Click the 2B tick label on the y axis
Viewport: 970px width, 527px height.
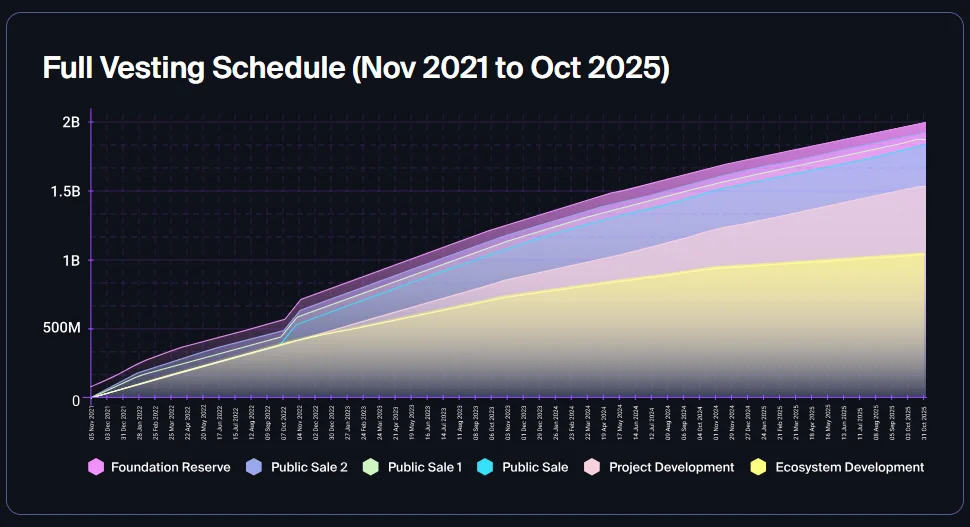pos(70,122)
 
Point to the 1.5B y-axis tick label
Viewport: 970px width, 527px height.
pos(65,191)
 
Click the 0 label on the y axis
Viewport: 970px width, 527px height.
pos(75,399)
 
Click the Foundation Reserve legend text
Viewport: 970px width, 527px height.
pos(170,467)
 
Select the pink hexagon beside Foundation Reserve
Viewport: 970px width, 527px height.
pos(96,467)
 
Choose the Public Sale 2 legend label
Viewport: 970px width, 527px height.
pos(309,467)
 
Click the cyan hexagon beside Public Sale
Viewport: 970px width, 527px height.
pos(486,467)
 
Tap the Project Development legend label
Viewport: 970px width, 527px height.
pos(671,467)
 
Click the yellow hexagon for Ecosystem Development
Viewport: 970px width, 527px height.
pos(758,467)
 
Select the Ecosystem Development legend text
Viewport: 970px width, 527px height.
pos(848,467)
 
